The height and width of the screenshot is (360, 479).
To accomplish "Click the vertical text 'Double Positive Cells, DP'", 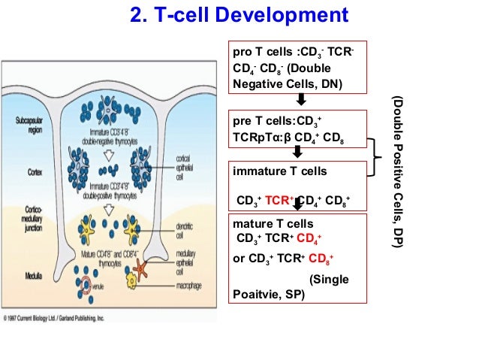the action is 397,172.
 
